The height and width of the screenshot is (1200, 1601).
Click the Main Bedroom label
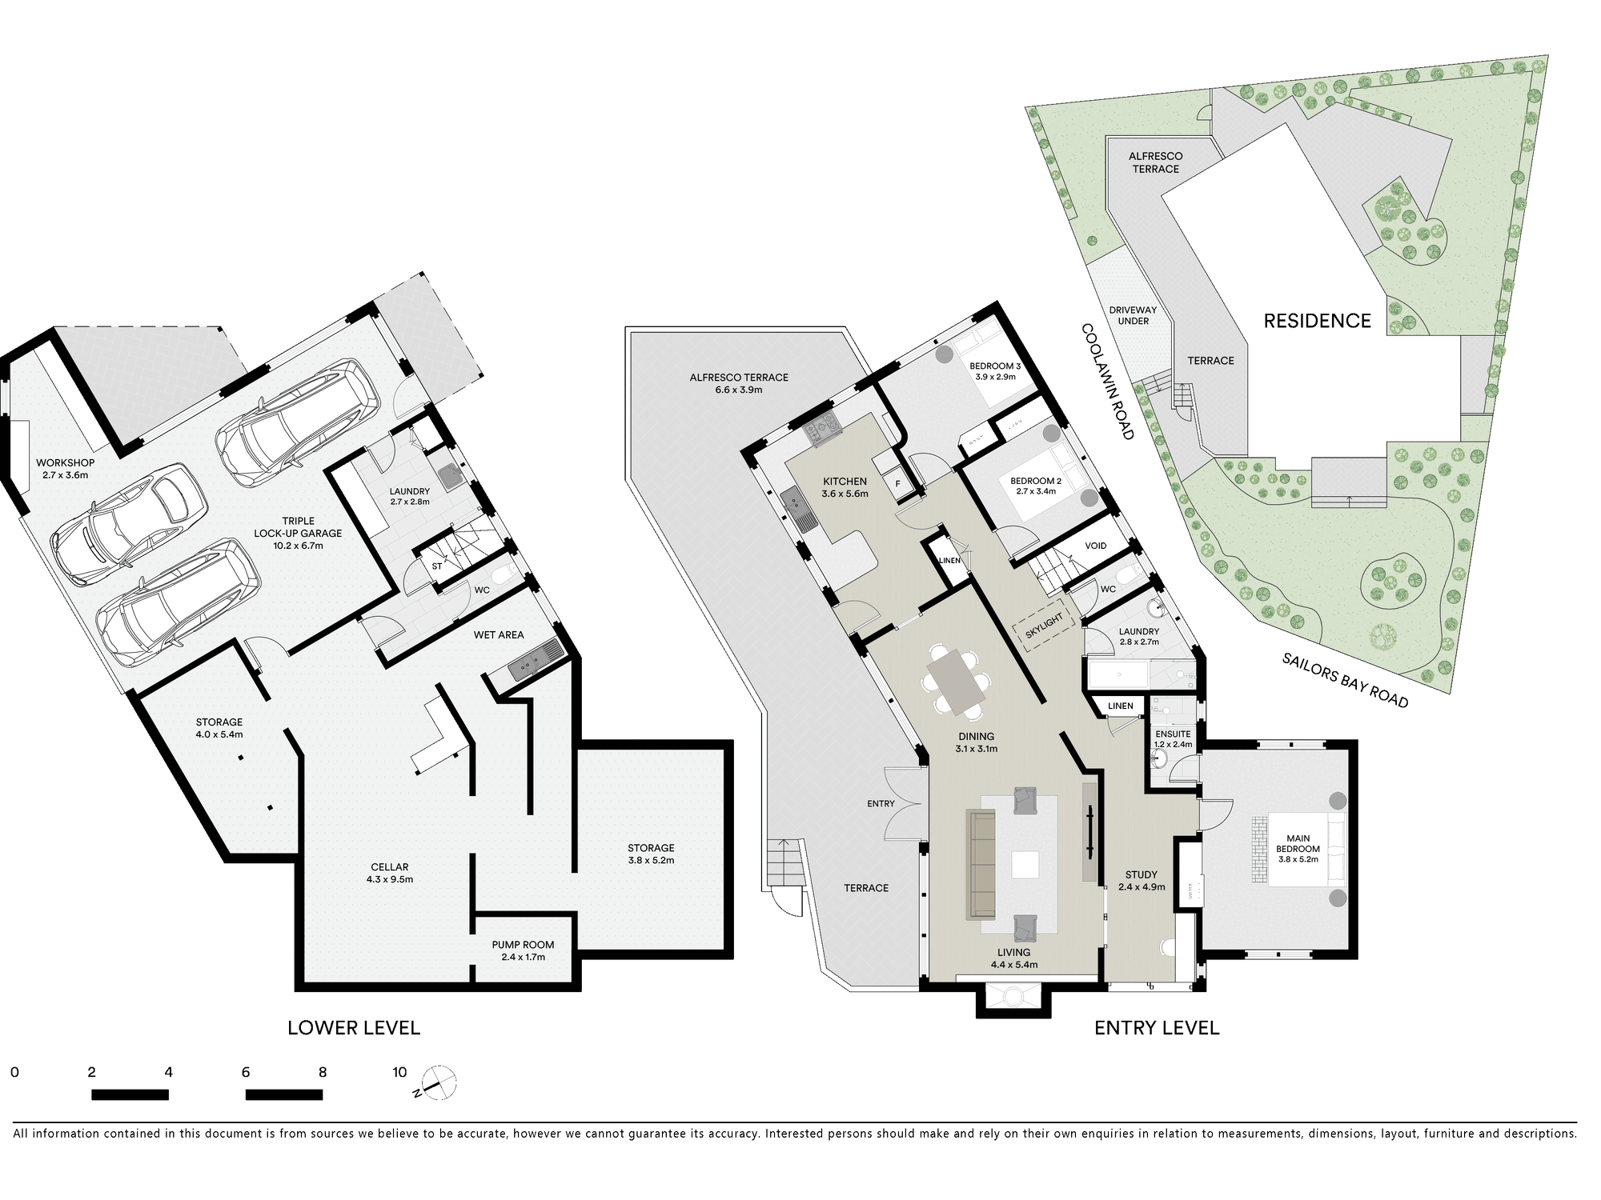(x=1298, y=844)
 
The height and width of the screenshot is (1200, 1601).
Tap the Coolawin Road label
(x=1108, y=382)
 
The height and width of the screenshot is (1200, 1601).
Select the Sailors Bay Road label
(x=1345, y=680)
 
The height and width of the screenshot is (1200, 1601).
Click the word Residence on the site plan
(x=1317, y=321)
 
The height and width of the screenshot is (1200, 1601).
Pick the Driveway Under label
(x=1133, y=315)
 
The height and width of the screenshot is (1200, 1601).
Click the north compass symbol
(x=437, y=1084)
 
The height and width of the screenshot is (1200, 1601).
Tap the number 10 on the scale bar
(x=399, y=1073)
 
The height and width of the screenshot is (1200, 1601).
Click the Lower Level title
(x=354, y=1028)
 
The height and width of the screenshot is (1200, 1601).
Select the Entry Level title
(x=1157, y=1028)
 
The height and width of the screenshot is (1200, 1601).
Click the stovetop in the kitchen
(x=822, y=430)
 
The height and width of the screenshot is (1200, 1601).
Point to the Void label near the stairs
(x=1096, y=546)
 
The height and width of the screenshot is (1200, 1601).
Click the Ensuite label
(x=1173, y=734)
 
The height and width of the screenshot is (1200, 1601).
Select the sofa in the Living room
(x=981, y=863)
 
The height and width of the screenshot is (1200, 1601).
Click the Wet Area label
(x=499, y=634)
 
